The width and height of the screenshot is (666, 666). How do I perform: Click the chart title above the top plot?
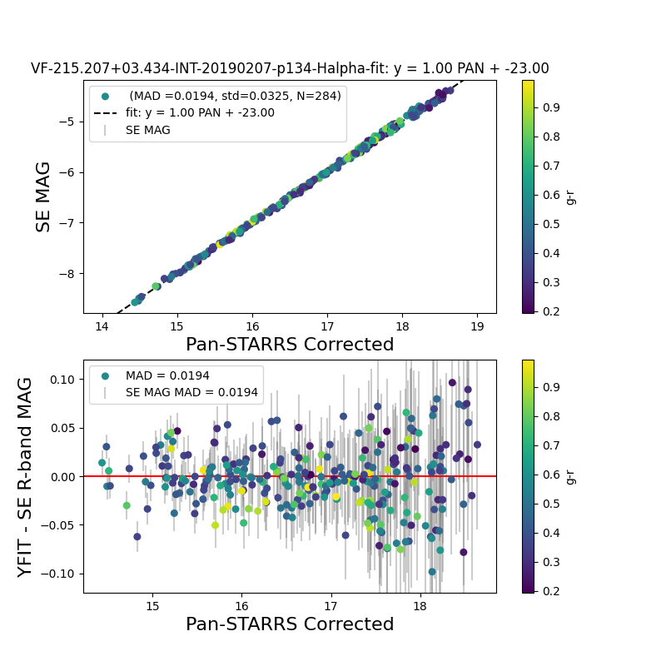coord(290,69)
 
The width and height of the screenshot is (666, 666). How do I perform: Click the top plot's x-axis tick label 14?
coord(102,326)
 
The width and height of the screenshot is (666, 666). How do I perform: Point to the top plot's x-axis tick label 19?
coord(477,326)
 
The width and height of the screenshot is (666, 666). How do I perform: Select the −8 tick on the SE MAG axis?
coord(67,273)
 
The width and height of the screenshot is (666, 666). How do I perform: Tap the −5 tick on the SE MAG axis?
coord(67,122)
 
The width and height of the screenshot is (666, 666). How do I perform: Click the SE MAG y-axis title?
coord(43,196)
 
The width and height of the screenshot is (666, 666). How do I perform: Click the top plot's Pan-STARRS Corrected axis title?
coord(290,345)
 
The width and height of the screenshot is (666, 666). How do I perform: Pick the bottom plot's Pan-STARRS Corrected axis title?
coord(290,624)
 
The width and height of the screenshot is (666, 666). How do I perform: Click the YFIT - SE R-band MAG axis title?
coord(26,476)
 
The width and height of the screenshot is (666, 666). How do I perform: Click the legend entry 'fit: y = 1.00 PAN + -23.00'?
coord(200,113)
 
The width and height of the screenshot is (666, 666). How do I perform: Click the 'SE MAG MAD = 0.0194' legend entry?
coord(191,393)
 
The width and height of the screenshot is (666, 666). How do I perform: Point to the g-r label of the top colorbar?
coord(570,196)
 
